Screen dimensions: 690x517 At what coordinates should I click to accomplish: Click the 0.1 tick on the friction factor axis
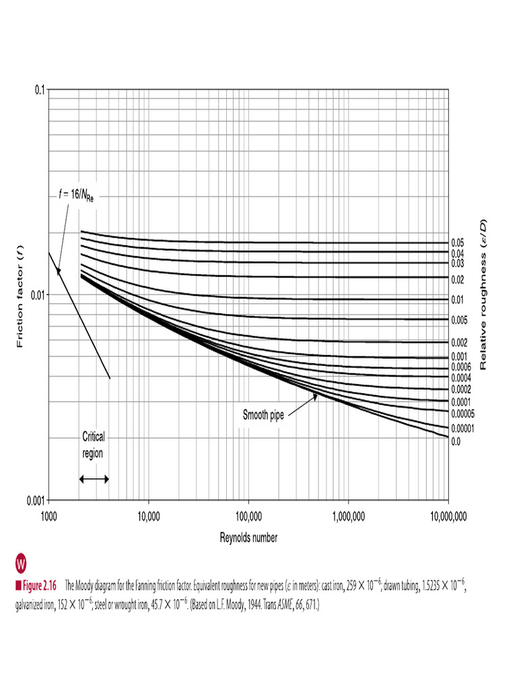point(39,90)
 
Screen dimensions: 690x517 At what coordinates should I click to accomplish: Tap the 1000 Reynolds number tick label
point(48,516)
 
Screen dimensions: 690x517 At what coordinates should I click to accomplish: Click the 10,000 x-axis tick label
point(147,516)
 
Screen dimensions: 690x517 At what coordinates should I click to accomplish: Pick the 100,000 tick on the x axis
point(248,516)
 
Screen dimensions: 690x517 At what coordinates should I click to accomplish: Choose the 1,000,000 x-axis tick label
point(348,516)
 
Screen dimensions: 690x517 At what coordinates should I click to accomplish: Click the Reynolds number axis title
point(248,537)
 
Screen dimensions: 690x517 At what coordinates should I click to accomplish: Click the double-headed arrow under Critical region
point(94,478)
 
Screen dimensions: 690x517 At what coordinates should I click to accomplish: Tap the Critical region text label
point(93,444)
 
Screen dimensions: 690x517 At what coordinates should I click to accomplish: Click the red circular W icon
point(20,563)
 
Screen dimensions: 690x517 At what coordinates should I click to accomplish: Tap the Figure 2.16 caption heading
point(36,586)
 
